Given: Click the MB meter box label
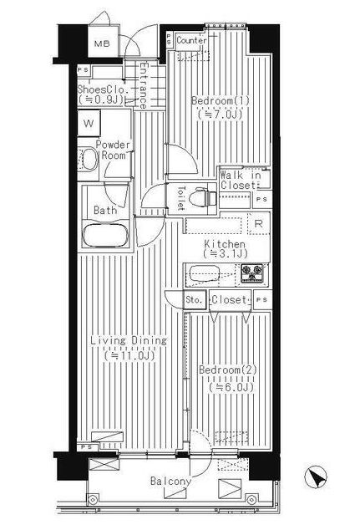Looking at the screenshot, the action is click(102, 43).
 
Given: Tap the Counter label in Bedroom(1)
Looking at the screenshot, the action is click(191, 40).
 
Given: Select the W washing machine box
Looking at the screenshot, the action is click(89, 123).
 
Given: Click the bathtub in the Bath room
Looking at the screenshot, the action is click(105, 235).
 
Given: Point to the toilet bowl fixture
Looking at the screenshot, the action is click(203, 198).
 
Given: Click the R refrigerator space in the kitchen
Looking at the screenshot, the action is click(258, 224).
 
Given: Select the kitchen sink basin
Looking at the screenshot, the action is click(204, 273).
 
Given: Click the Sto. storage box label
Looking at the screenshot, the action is click(195, 299).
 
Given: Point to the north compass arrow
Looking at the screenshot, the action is click(316, 476).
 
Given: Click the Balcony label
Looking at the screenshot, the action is click(170, 482).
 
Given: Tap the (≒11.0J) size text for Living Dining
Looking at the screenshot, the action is click(129, 355).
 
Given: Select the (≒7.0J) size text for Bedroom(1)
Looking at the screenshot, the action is click(220, 115).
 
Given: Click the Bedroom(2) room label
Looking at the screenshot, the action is click(228, 370).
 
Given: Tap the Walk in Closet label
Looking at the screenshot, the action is click(241, 180).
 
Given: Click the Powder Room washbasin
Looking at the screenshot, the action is click(89, 160).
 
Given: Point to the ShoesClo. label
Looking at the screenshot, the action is click(103, 89).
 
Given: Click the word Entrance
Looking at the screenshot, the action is click(144, 85).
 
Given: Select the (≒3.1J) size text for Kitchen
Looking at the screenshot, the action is click(226, 254).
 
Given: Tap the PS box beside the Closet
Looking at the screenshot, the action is click(262, 299).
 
